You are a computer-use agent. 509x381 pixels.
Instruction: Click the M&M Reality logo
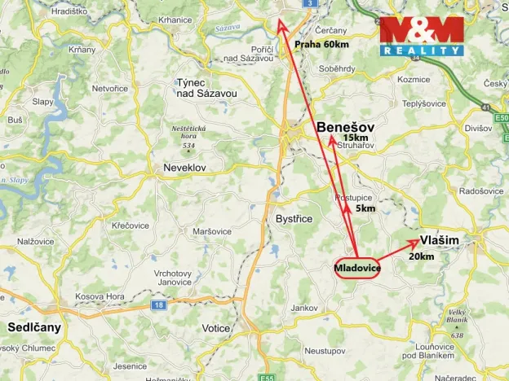click(x=422, y=36)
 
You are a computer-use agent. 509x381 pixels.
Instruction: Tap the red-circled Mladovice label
click(x=357, y=268)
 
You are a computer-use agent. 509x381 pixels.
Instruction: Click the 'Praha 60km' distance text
click(x=321, y=45)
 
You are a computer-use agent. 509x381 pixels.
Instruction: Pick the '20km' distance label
click(x=421, y=256)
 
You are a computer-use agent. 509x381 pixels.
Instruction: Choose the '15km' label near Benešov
click(x=356, y=138)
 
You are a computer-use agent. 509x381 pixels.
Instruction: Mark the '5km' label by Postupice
click(x=365, y=209)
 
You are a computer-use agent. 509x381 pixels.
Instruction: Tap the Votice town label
click(x=216, y=328)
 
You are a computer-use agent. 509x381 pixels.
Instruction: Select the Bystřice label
click(x=294, y=219)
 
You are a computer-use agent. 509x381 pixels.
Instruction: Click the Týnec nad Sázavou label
click(x=206, y=88)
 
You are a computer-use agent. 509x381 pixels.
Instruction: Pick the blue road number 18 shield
click(x=158, y=305)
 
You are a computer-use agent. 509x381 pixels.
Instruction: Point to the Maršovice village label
click(x=211, y=231)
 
